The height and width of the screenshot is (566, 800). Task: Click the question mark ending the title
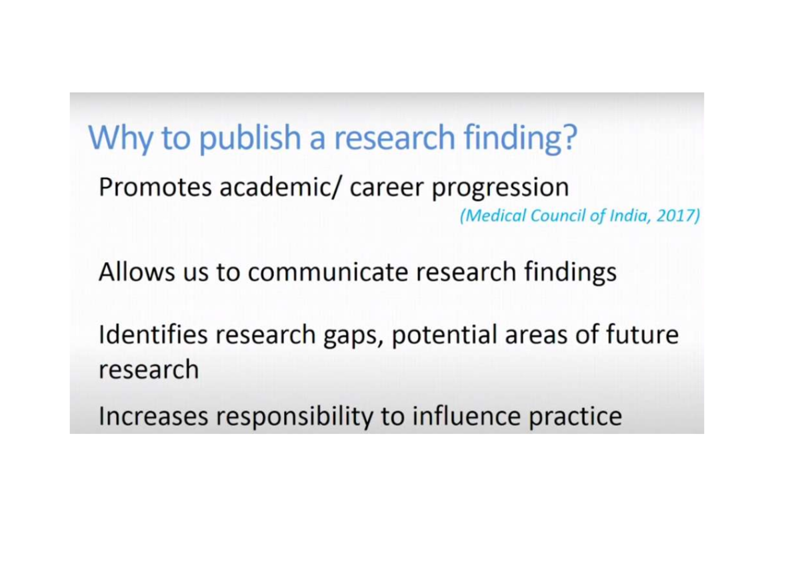click(x=568, y=137)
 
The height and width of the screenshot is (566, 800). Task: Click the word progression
click(x=501, y=189)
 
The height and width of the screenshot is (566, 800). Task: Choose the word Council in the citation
click(x=560, y=217)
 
